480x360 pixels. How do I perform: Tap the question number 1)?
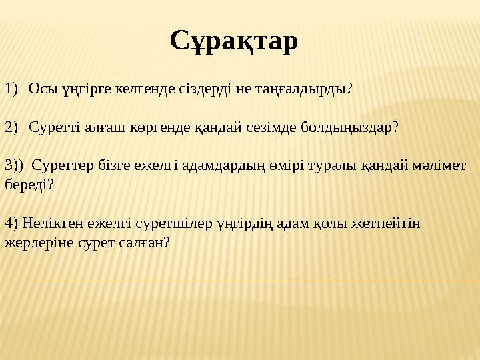[11, 89]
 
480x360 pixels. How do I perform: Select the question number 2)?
[11, 127]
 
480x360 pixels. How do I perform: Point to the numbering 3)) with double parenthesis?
[14, 165]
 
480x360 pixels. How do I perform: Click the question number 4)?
[11, 223]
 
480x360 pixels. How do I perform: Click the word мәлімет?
[441, 165]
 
